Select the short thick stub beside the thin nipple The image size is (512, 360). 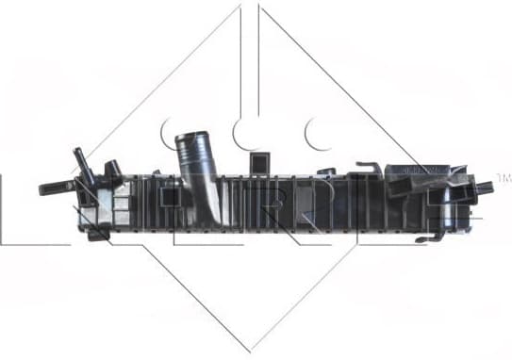pos(111,169)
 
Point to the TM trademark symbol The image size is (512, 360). pos(504,177)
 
